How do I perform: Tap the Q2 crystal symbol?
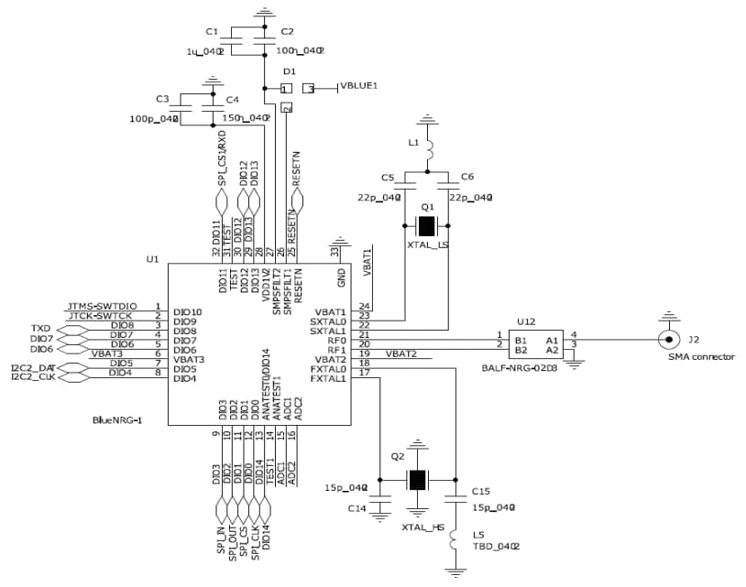pos(418,479)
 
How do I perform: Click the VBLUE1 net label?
pos(359,86)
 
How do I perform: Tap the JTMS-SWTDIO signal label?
pos(102,306)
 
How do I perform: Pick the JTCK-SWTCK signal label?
pos(102,316)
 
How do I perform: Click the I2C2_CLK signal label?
pos(32,375)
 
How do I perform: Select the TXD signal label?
pos(41,327)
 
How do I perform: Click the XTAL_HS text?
pos(422,528)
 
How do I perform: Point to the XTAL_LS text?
pos(427,245)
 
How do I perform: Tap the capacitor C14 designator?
pos(357,507)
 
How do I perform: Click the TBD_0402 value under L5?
pos(496,547)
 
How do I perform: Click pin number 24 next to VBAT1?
pos(364,306)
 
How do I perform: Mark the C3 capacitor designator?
pos(162,98)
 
